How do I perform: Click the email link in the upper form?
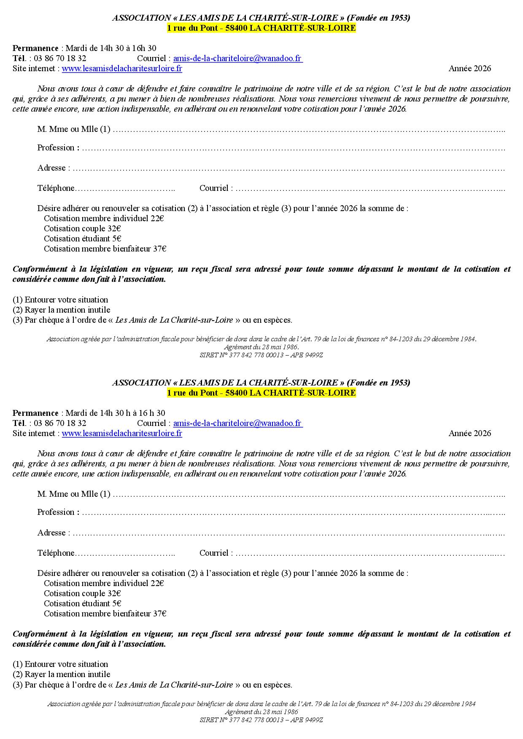click(238, 59)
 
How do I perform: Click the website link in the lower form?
click(122, 433)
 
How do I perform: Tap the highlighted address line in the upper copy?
click(261, 28)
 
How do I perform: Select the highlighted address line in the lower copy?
click(261, 393)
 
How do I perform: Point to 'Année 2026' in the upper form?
click(469, 69)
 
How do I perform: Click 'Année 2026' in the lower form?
click(469, 433)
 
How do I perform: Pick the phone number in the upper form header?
click(60, 59)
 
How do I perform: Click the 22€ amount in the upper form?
click(157, 218)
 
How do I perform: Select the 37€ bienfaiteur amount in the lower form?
click(159, 613)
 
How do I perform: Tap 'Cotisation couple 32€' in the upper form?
click(82, 228)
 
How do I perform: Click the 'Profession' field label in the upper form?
click(56, 148)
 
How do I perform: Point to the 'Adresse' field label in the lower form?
click(51, 533)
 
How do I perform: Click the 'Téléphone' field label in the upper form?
click(56, 188)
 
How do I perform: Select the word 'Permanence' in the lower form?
click(35, 413)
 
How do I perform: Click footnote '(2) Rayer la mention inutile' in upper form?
click(61, 310)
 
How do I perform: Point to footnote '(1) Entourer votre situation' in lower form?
click(60, 664)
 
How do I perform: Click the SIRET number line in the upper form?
click(261, 355)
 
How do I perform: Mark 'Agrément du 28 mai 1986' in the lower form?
click(261, 712)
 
